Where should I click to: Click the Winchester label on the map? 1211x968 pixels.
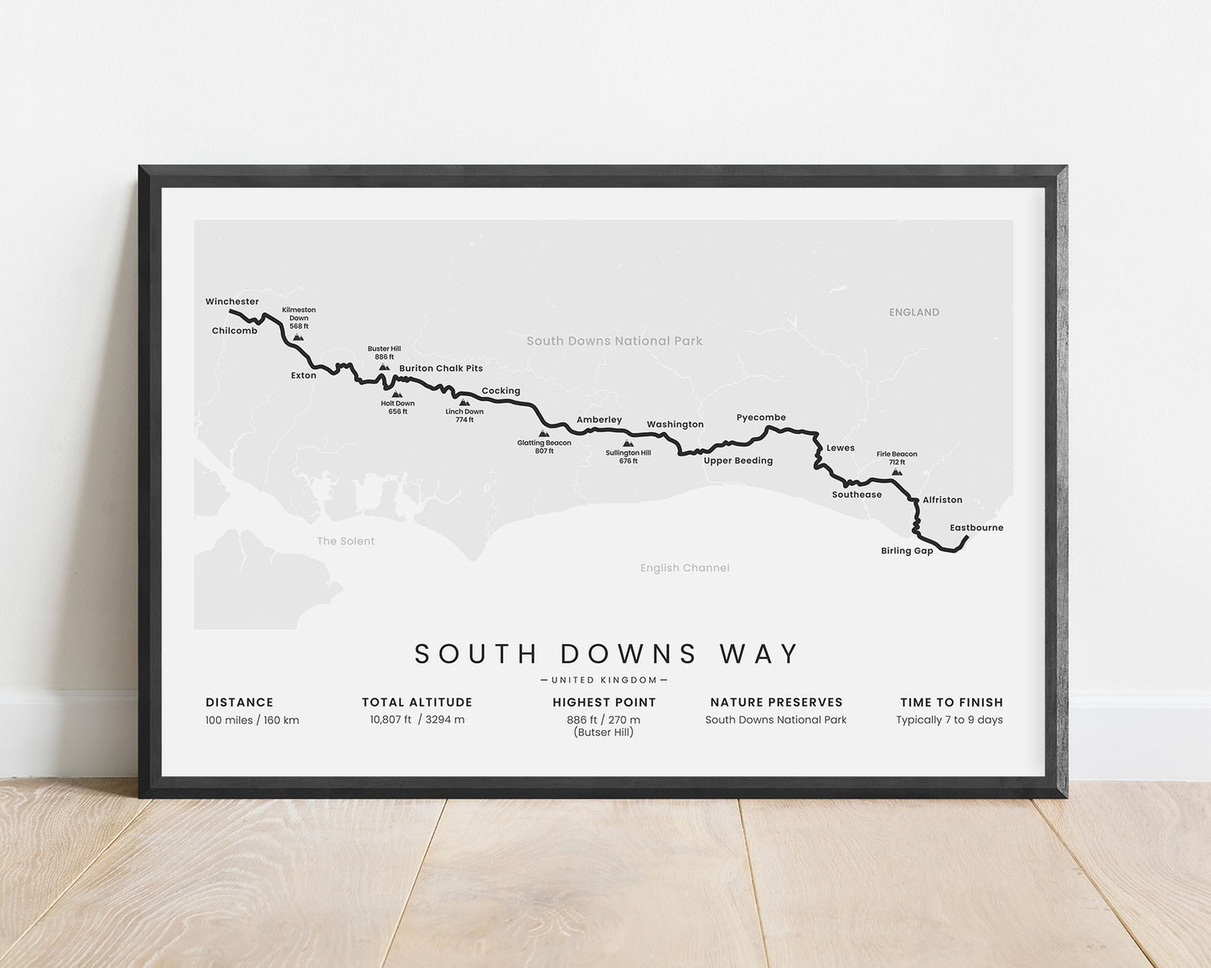pyautogui.click(x=232, y=301)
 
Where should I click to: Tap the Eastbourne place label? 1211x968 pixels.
pyautogui.click(x=976, y=528)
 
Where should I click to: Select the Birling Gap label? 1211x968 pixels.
pyautogui.click(x=907, y=551)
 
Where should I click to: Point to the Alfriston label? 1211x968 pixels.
pyautogui.click(x=942, y=500)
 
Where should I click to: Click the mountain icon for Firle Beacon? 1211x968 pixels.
pyautogui.click(x=897, y=472)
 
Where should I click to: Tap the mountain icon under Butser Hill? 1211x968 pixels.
pyautogui.click(x=384, y=367)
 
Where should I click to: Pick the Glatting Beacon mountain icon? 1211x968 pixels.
pyautogui.click(x=544, y=434)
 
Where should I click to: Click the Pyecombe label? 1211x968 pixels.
pyautogui.click(x=761, y=417)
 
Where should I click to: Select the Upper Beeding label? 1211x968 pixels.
pyautogui.click(x=737, y=461)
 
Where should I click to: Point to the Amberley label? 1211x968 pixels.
pyautogui.click(x=599, y=420)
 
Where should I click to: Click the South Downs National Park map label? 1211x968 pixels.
pyautogui.click(x=614, y=341)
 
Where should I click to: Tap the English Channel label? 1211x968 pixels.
pyautogui.click(x=685, y=568)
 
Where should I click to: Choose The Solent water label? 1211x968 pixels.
pyautogui.click(x=345, y=541)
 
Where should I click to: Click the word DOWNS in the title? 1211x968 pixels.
pyautogui.click(x=629, y=654)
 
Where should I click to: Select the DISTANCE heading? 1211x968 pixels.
pyautogui.click(x=240, y=703)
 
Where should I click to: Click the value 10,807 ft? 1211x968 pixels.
pyautogui.click(x=391, y=719)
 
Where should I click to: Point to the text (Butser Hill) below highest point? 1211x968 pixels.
pyautogui.click(x=603, y=733)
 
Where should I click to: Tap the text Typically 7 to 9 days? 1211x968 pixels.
pyautogui.click(x=949, y=719)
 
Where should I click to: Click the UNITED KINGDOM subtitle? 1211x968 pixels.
pyautogui.click(x=603, y=680)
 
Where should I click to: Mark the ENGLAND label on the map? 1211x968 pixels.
pyautogui.click(x=913, y=312)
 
